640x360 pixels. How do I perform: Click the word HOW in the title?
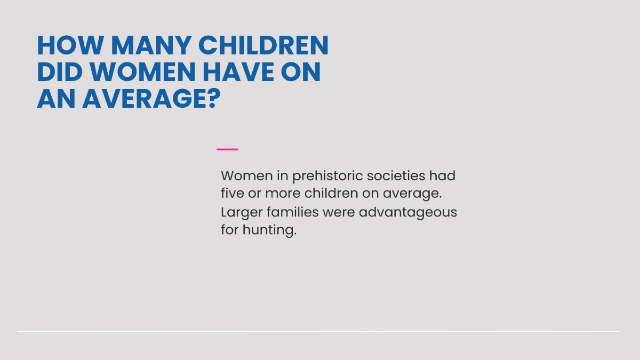point(70,45)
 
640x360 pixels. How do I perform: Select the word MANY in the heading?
point(151,45)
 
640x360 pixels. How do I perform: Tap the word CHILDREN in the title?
point(263,45)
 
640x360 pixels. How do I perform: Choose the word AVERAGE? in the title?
point(151,99)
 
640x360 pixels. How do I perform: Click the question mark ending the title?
point(214,99)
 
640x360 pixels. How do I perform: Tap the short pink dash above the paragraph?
point(227,149)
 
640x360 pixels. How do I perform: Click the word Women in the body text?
point(246,175)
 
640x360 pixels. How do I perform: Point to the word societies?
point(396,175)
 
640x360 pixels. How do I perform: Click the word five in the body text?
point(233,193)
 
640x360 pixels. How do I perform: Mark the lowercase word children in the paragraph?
point(331,193)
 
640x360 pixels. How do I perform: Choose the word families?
point(293,212)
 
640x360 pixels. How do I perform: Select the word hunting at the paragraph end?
point(269,230)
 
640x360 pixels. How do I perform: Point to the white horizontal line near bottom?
point(318,332)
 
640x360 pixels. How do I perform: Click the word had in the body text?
point(442,175)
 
